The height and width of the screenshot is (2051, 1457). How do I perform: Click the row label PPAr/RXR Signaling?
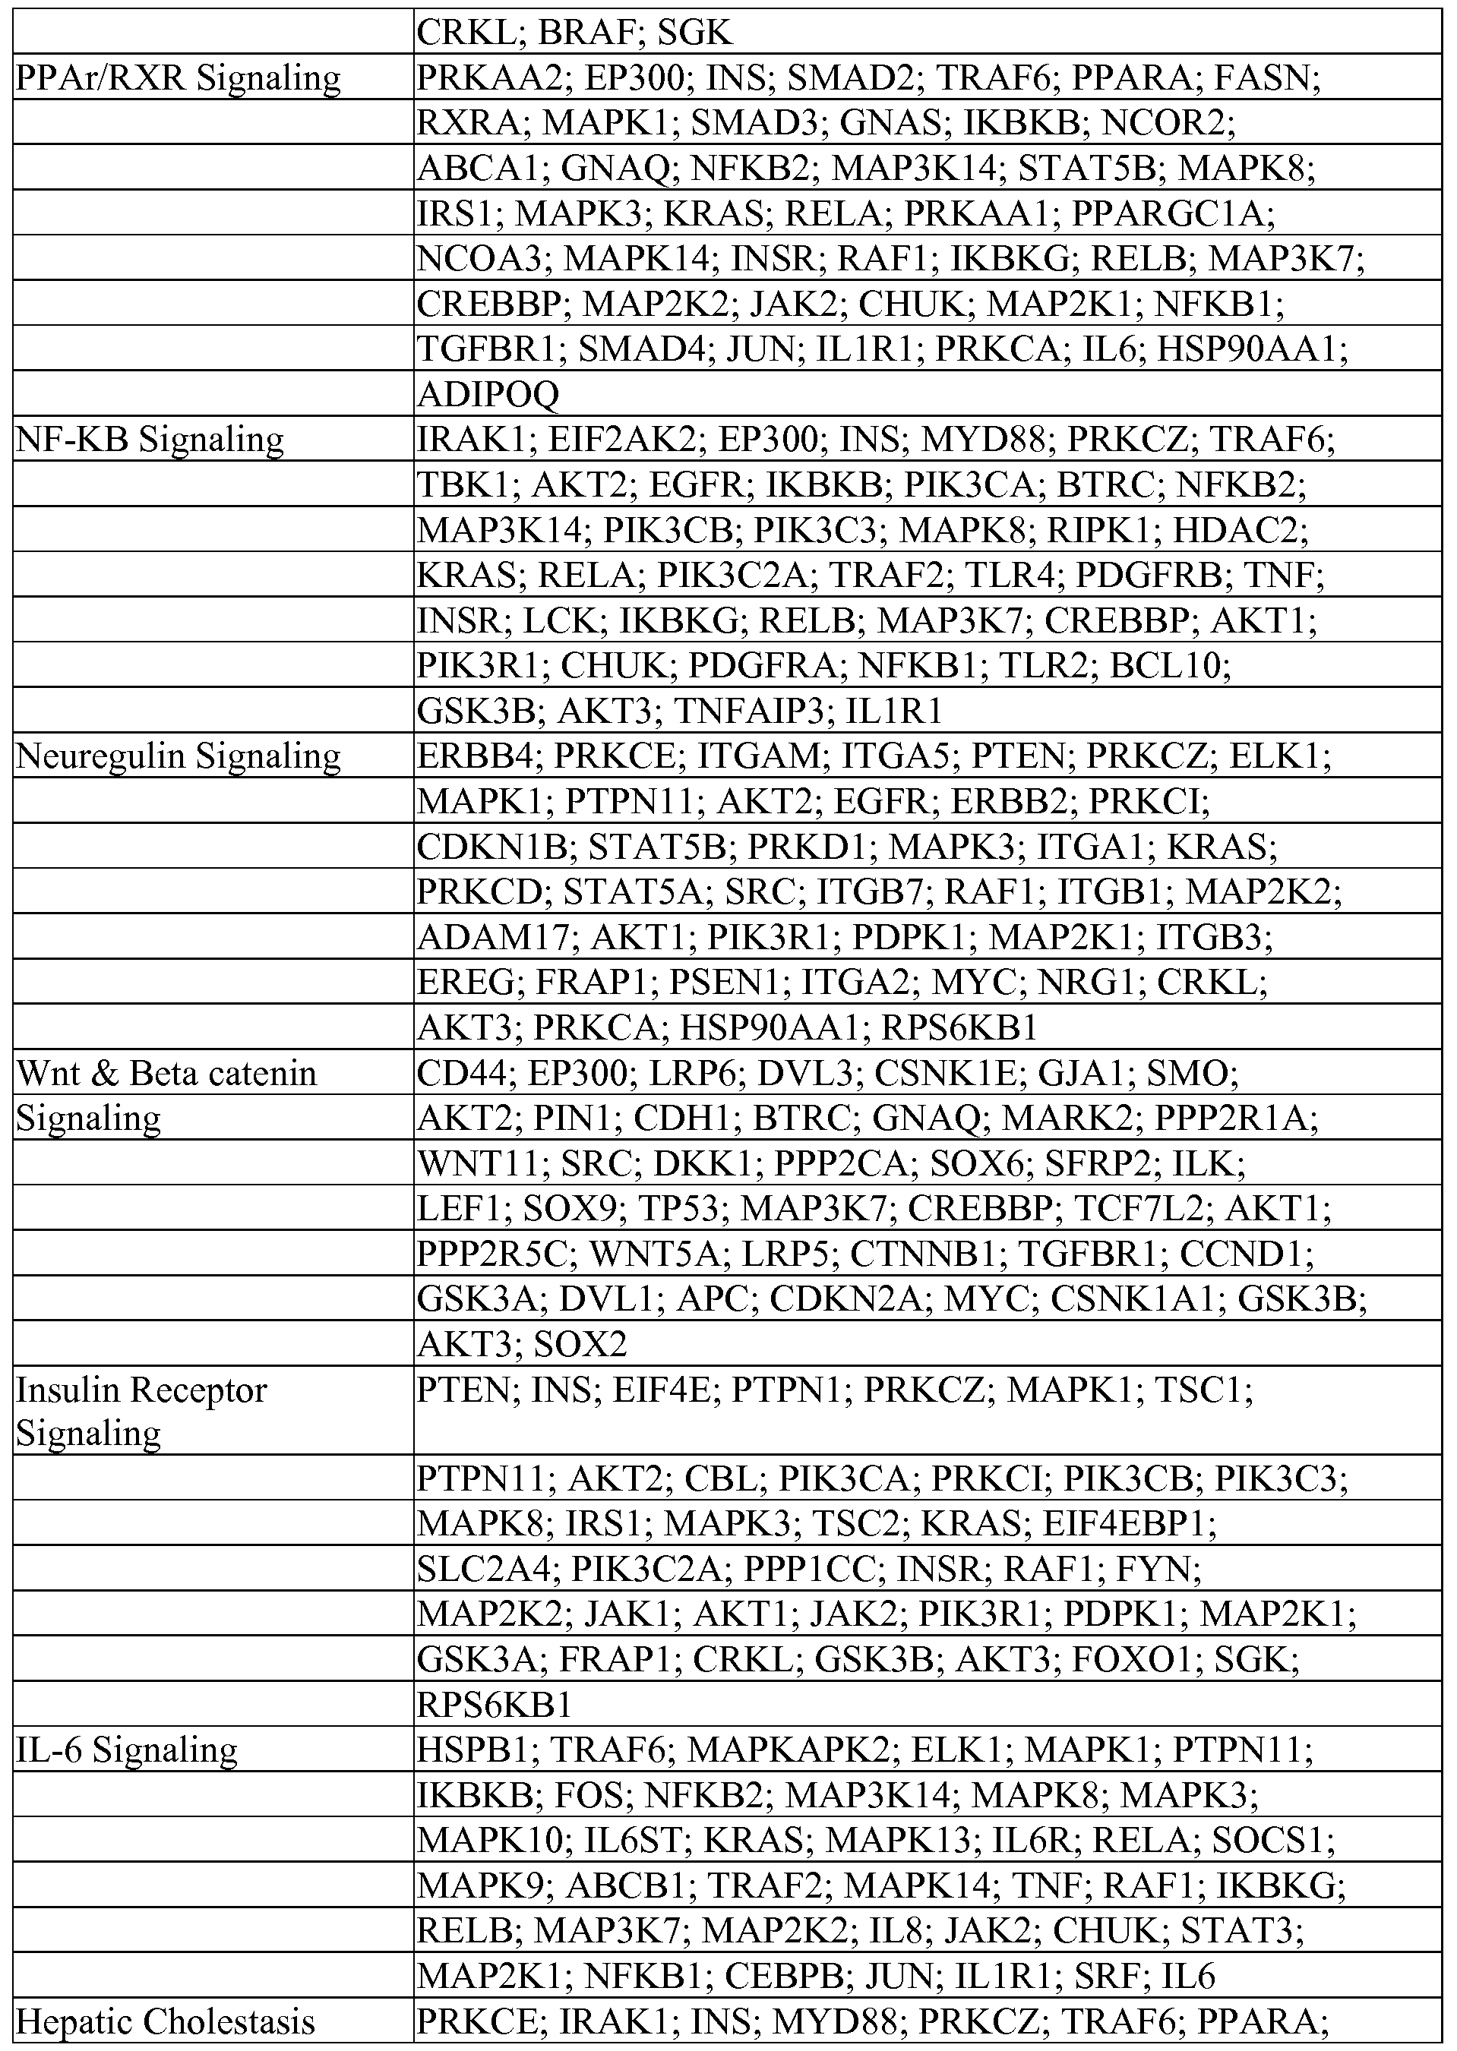pyautogui.click(x=179, y=78)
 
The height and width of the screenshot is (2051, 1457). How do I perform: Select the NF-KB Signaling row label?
pyautogui.click(x=150, y=440)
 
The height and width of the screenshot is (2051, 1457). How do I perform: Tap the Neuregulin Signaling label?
pyautogui.click(x=179, y=756)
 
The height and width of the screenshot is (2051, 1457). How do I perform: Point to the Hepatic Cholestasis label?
pyautogui.click(x=166, y=2021)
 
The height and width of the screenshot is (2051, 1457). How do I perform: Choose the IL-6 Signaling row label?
pyautogui.click(x=127, y=1749)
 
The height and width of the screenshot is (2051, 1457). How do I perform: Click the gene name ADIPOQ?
pyautogui.click(x=488, y=393)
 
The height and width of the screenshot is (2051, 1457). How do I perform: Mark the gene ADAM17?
pyautogui.click(x=492, y=937)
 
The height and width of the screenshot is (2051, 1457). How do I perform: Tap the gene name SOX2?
pyautogui.click(x=580, y=1344)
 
